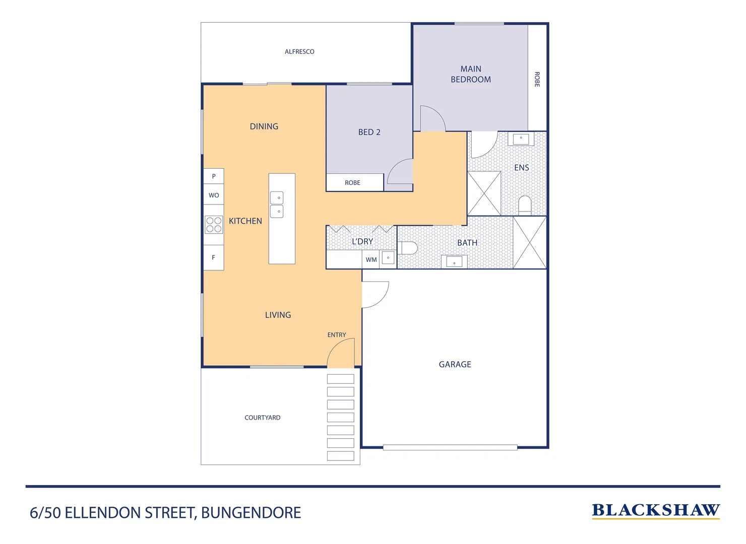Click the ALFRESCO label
click(x=299, y=52)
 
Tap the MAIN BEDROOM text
click(x=470, y=74)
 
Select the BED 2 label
click(x=369, y=132)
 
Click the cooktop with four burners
click(x=214, y=225)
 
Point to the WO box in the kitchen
click(x=214, y=195)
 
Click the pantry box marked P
click(x=214, y=176)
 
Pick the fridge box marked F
click(x=214, y=257)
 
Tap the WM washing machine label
click(x=371, y=260)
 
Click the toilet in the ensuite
click(x=525, y=205)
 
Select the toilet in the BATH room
click(x=409, y=248)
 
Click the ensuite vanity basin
click(x=521, y=139)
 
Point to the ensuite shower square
click(x=484, y=193)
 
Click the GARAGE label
click(x=455, y=365)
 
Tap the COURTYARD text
click(x=262, y=418)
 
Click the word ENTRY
click(x=336, y=335)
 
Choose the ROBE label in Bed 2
click(x=352, y=183)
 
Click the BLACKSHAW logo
click(x=655, y=511)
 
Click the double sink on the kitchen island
click(x=277, y=205)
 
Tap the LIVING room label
click(x=278, y=315)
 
